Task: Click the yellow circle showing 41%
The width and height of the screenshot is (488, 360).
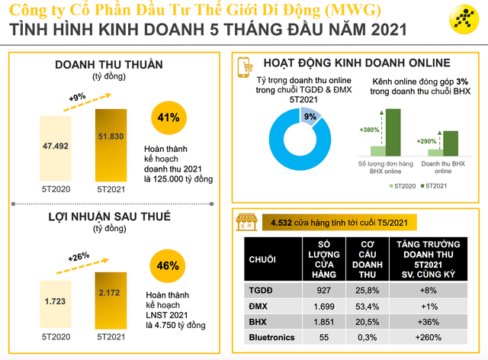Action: point(169,118)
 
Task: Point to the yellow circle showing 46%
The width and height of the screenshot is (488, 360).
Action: point(169,266)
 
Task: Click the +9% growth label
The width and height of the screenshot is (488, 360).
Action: point(77,98)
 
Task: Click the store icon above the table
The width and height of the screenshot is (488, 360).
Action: point(245,221)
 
